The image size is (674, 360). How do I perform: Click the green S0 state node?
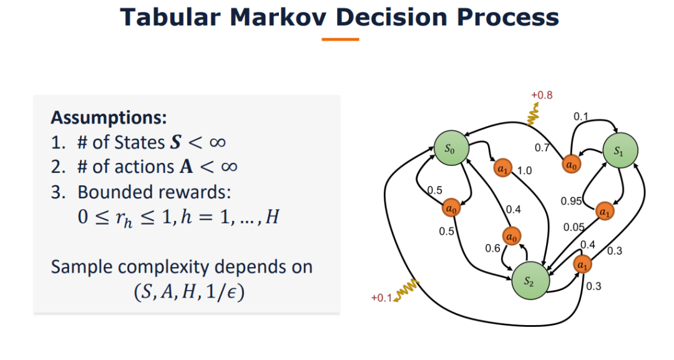point(451,148)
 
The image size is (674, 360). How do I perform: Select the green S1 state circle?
point(620,150)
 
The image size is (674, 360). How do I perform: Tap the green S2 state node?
point(530,281)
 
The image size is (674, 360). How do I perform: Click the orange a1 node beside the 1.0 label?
point(502,168)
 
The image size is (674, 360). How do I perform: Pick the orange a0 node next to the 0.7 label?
point(571,164)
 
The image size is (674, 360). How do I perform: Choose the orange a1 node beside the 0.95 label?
point(604,212)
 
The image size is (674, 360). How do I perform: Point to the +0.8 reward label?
point(542,95)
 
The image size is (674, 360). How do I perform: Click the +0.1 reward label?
point(382,298)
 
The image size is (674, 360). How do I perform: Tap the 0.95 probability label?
point(571,201)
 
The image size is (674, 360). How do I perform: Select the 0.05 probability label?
point(574,227)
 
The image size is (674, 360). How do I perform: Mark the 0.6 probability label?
point(492,248)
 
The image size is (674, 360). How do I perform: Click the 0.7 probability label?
point(542,148)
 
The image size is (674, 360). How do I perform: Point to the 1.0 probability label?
point(524,170)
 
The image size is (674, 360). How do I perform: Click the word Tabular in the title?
point(170,17)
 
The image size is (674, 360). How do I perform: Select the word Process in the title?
point(507,17)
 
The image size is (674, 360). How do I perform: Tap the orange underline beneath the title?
point(340,39)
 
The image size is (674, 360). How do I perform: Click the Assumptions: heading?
point(109,117)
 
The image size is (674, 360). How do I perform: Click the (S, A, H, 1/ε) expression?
point(189,292)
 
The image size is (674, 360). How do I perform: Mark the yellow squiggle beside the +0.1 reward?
point(406,290)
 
